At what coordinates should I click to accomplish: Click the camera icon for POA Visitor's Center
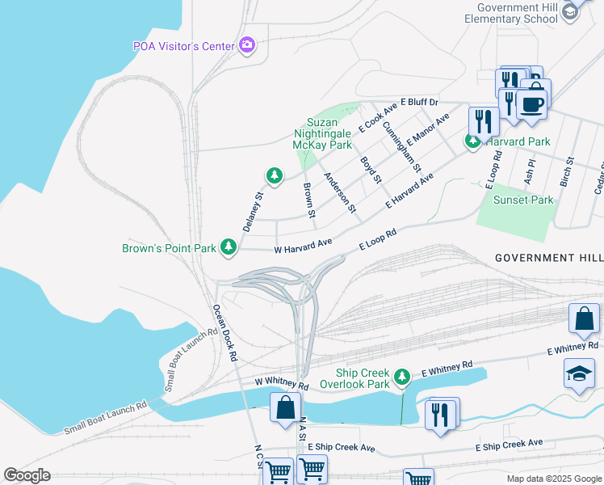248,45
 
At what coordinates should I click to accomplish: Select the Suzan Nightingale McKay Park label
323,132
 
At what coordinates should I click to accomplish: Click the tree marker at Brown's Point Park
229,247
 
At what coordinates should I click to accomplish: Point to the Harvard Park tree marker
472,141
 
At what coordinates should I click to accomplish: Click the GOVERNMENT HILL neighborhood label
548,257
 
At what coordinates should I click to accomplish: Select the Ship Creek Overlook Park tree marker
401,377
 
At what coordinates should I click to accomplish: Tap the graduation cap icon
579,373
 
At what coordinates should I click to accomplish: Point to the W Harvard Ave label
304,246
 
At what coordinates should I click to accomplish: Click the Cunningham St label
401,146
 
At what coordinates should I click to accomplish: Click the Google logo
27,475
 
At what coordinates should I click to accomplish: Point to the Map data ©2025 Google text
553,478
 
